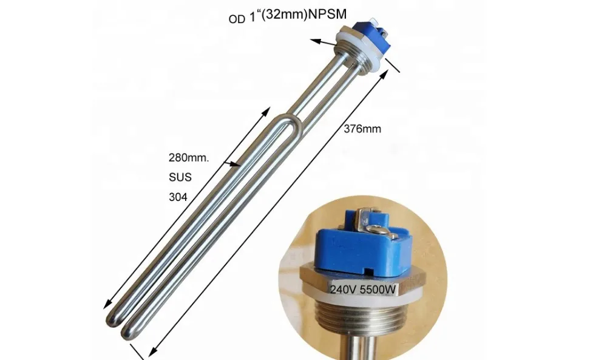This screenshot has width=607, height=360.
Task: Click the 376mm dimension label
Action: point(363,129)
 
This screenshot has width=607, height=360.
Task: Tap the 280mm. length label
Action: point(188,158)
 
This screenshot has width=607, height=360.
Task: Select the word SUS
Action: point(179,177)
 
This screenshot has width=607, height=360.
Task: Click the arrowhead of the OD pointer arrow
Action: point(314,41)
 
